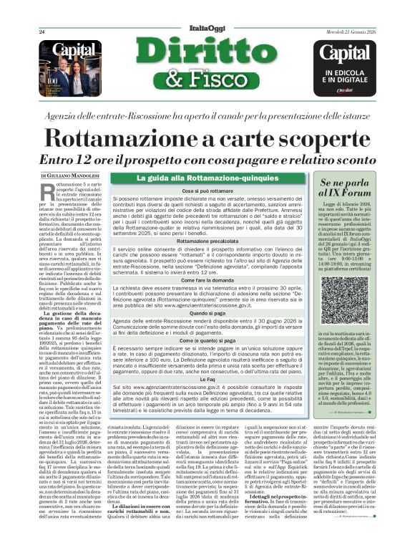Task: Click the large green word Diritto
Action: click(x=208, y=54)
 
